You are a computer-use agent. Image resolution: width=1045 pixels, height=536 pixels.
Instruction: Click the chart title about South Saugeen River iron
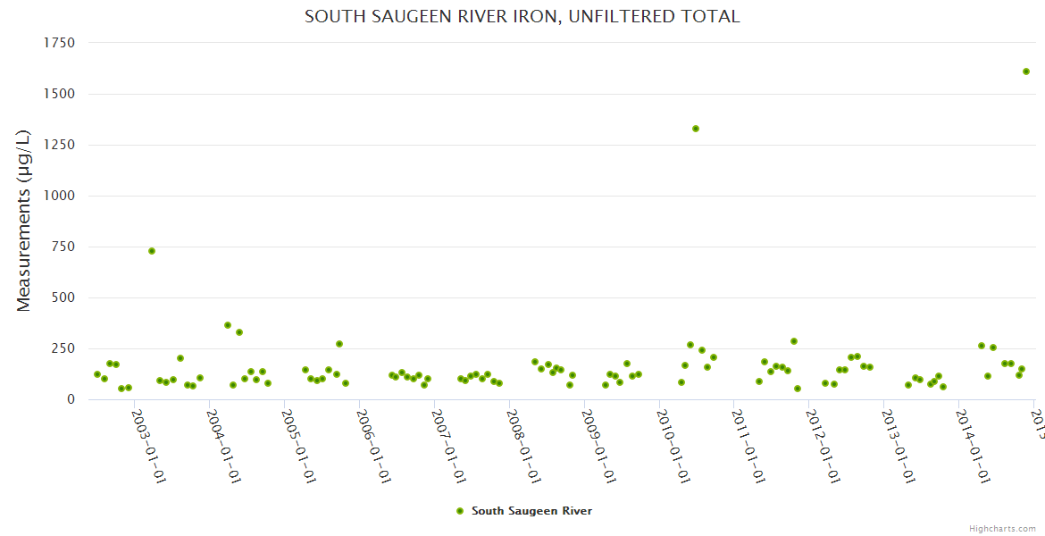pyautogui.click(x=522, y=17)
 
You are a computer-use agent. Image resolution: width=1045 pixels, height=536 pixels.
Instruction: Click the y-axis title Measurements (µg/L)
pyautogui.click(x=24, y=221)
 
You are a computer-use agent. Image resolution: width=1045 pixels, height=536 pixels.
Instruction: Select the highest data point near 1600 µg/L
pyautogui.click(x=1026, y=71)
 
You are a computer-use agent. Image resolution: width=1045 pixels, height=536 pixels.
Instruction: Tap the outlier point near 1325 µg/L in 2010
pyautogui.click(x=696, y=129)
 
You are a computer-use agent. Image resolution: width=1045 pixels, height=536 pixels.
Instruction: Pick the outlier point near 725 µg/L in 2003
pyautogui.click(x=152, y=251)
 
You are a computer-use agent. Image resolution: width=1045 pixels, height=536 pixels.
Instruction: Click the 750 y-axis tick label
pyautogui.click(x=63, y=247)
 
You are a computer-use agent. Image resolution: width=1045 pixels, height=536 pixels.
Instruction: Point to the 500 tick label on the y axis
pyautogui.click(x=63, y=297)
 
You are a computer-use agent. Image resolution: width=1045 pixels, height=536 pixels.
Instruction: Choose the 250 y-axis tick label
pyautogui.click(x=63, y=348)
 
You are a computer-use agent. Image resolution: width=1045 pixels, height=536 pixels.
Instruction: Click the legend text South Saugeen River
pyautogui.click(x=531, y=511)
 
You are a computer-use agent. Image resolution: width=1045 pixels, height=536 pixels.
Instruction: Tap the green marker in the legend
pyautogui.click(x=460, y=511)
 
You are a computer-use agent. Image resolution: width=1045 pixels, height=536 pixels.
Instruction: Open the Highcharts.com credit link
pyautogui.click(x=1002, y=528)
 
